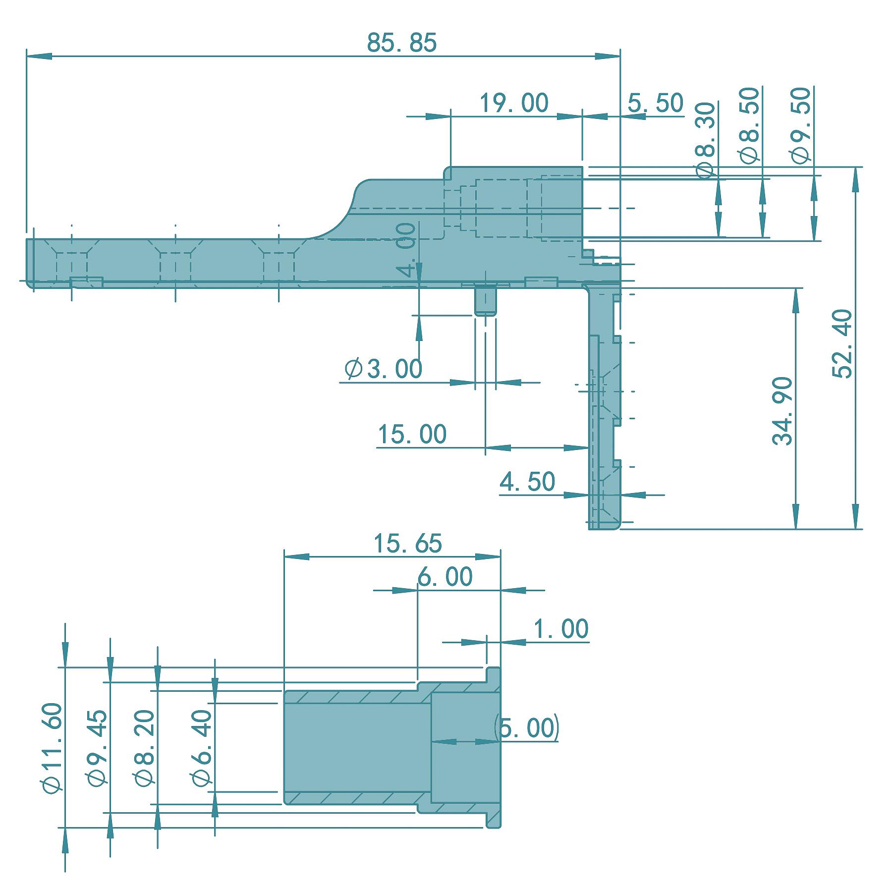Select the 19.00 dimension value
pos(514,103)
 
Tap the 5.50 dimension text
pos(656,103)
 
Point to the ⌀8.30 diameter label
pos(706,140)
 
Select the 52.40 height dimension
pos(842,343)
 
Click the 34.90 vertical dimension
pos(783,411)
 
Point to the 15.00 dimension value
pos(412,434)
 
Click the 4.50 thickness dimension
pos(527,481)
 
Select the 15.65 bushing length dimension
pos(407,543)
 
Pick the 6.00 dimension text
pos(445,577)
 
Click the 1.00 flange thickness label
pos(561,629)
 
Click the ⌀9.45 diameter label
pos(97,748)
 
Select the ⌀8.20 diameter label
pos(145,748)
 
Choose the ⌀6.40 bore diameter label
pos(202,748)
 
